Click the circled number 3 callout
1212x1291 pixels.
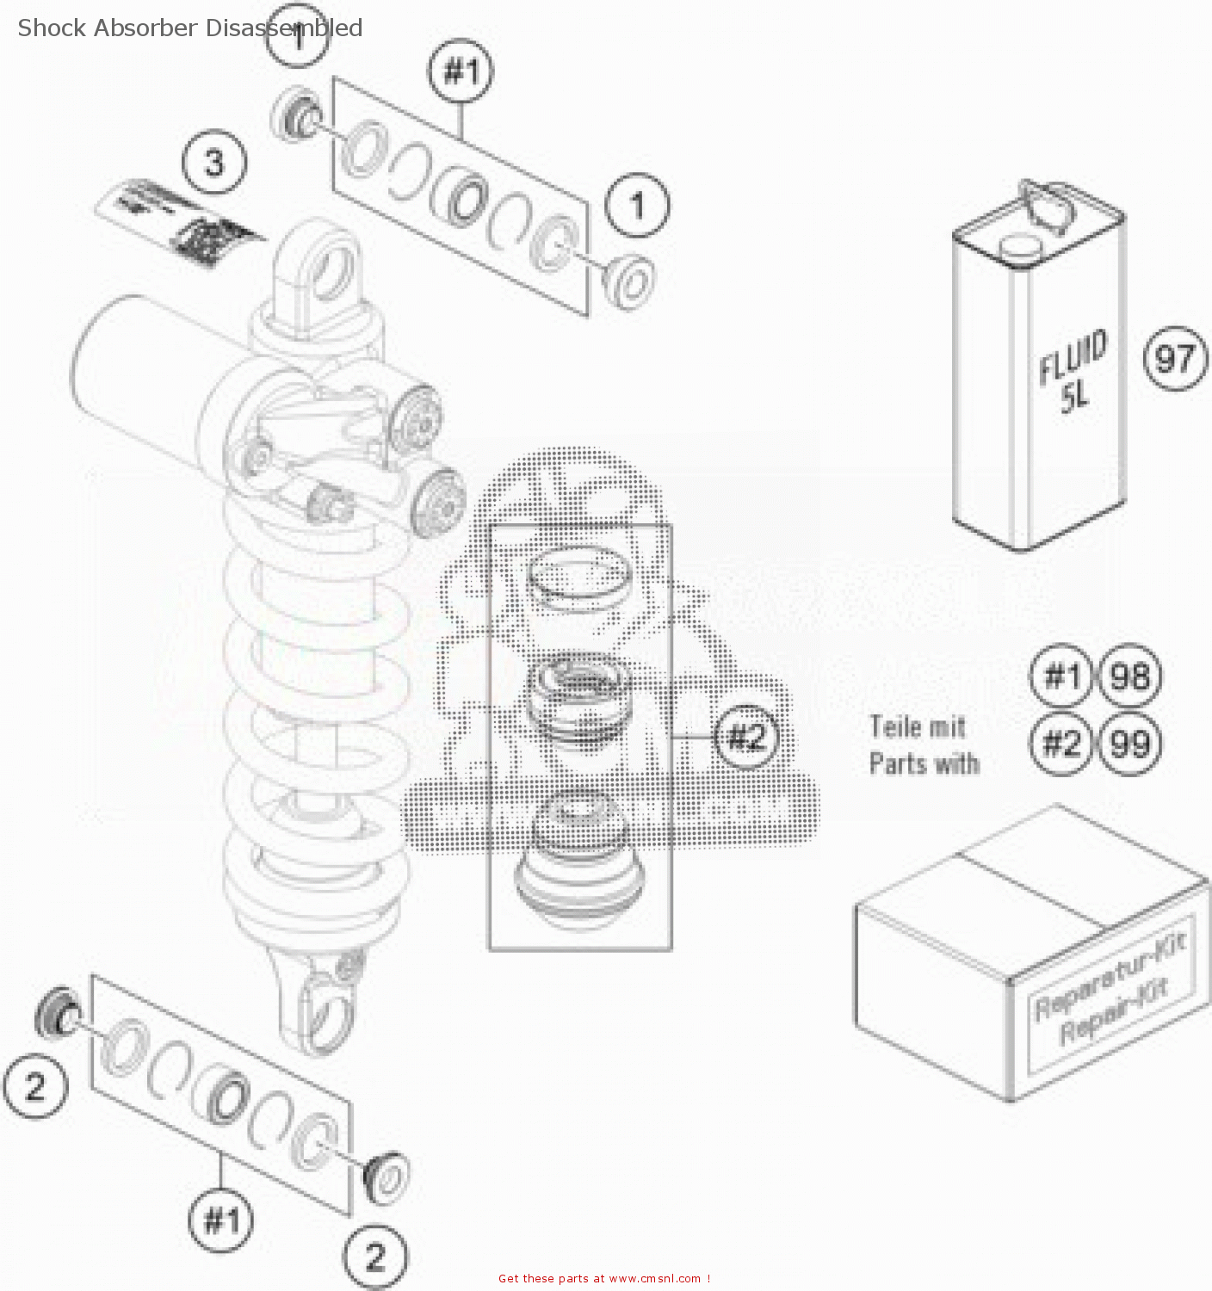coord(214,162)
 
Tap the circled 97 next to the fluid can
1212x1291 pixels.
coord(1175,358)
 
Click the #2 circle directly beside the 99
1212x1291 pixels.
coord(1060,743)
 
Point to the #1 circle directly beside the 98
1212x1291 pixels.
coord(1060,676)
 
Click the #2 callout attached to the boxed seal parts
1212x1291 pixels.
coord(745,737)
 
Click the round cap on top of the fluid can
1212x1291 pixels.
coord(1021,247)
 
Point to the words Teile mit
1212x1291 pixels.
coord(918,727)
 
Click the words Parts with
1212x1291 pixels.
coord(924,763)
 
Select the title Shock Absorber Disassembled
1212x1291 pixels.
coord(189,28)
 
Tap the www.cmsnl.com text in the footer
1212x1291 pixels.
coord(654,1279)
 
